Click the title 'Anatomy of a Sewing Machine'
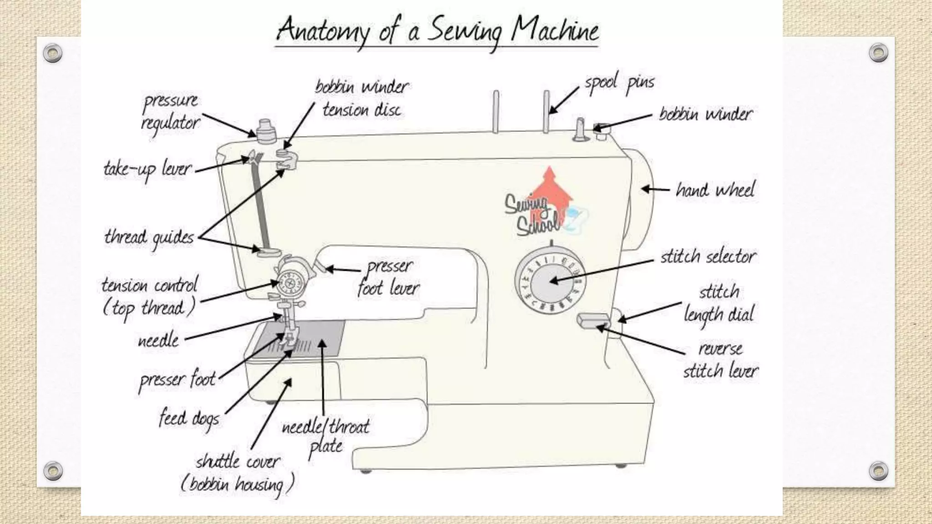pos(437,31)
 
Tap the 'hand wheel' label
pos(715,190)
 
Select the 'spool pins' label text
pos(619,83)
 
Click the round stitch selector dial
pos(551,281)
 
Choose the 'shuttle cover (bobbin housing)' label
pos(238,473)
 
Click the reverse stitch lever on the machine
pos(593,320)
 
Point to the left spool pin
pos(496,111)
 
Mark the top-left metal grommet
pos(52,53)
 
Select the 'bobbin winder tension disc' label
pos(362,98)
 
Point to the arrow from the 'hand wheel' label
pos(655,189)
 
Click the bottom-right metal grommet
pos(878,471)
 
